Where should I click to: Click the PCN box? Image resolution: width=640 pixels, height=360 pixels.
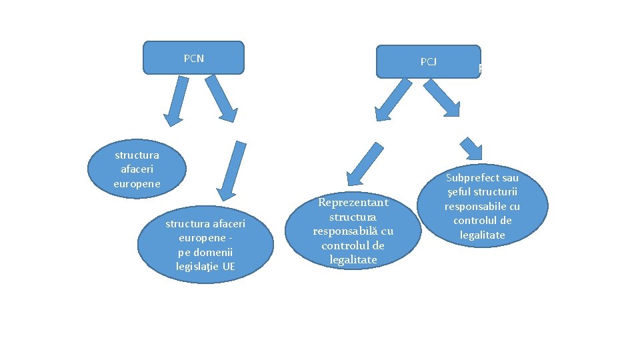coord(193,58)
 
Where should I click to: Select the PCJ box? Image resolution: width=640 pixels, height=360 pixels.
coord(428,62)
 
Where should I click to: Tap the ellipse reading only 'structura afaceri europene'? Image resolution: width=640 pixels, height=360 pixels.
coord(137,169)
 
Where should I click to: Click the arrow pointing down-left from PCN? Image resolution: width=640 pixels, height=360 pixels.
coord(176,101)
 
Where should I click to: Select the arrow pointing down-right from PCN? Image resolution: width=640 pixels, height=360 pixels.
coord(223,99)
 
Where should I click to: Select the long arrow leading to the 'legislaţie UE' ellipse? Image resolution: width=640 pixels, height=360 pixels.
coord(231,171)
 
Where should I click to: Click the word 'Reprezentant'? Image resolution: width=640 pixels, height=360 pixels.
coord(353,202)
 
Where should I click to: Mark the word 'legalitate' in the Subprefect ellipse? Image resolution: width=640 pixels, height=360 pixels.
coord(482,235)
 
